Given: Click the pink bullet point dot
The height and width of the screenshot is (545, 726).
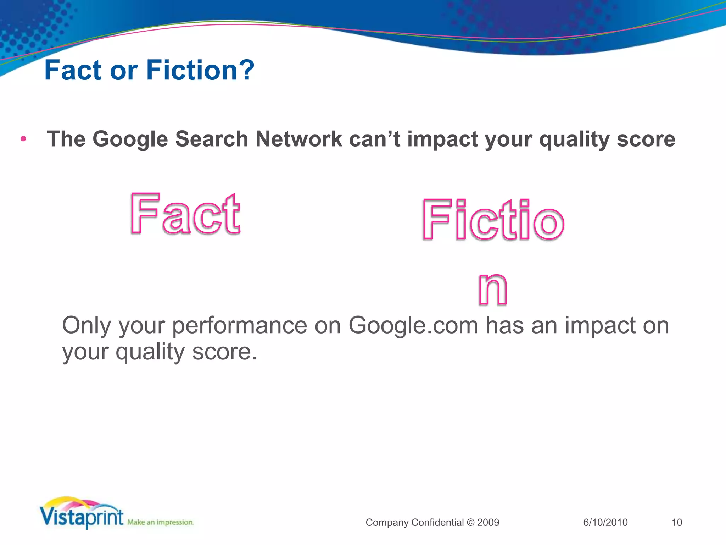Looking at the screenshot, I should click(23, 139).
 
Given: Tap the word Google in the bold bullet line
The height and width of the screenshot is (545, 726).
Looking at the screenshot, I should click(130, 139).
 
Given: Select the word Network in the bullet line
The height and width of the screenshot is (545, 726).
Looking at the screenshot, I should click(299, 139).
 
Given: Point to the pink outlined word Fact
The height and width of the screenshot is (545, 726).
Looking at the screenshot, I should click(185, 214).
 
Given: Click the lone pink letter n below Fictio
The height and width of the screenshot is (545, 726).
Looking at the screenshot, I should click(492, 289).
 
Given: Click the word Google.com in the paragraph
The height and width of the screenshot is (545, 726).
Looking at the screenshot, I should click(413, 325).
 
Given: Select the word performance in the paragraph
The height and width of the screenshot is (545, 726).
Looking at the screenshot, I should click(240, 326).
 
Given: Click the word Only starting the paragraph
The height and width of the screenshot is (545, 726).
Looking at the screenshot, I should click(86, 326).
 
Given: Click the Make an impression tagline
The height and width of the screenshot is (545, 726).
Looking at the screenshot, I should click(160, 522).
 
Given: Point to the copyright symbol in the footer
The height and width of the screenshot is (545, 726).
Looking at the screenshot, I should click(470, 522).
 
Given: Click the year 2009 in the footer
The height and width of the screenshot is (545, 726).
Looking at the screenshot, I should click(488, 522).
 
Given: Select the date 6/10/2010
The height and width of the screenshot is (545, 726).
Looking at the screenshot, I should click(605, 522).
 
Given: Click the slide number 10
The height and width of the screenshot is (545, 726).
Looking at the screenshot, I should click(677, 522).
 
